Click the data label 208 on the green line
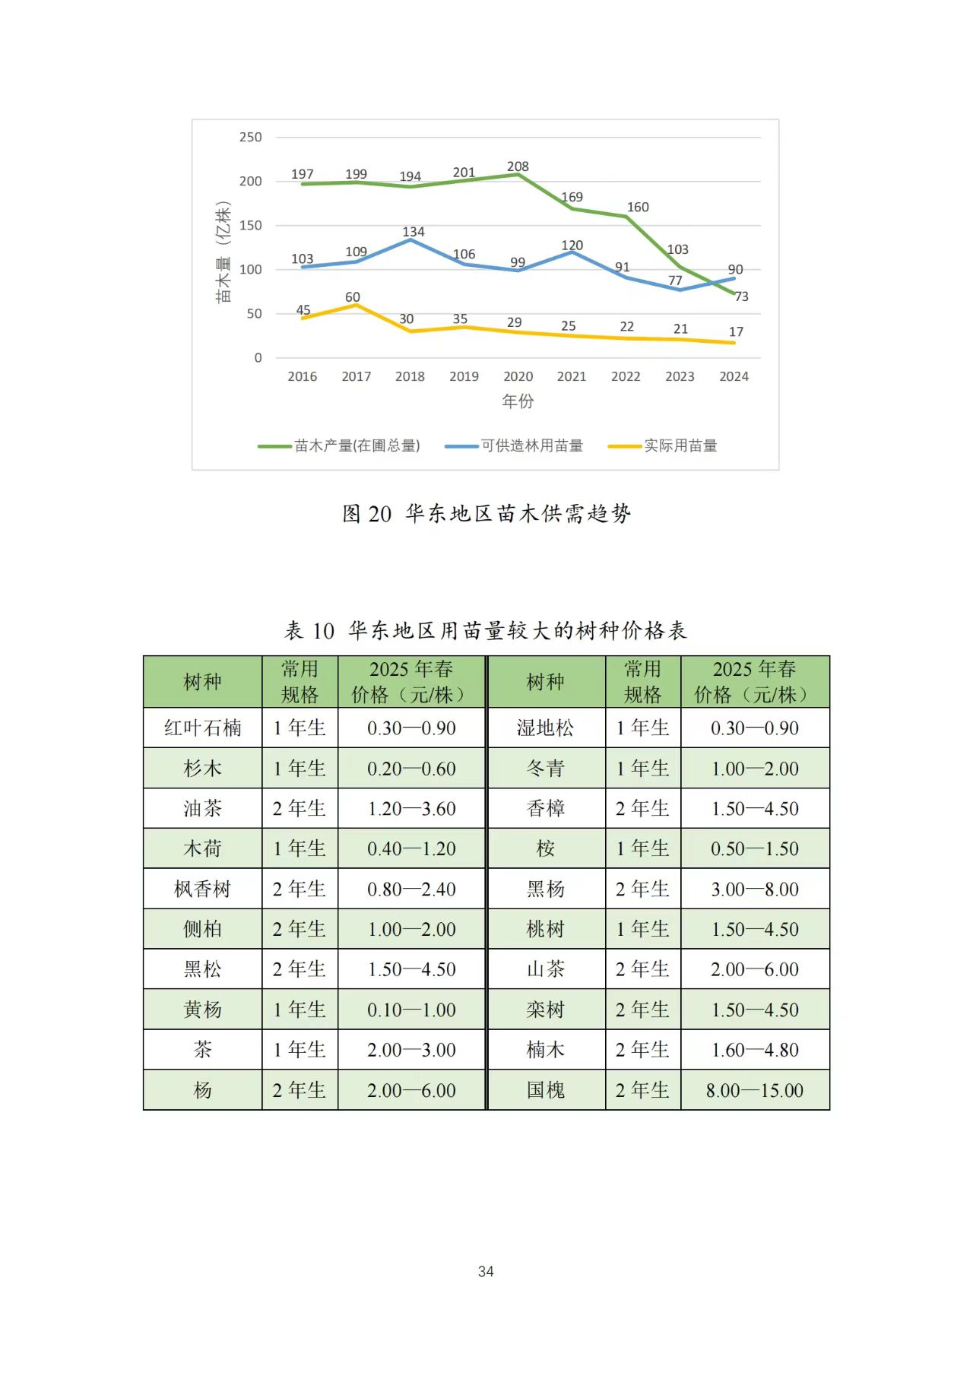pyautogui.click(x=518, y=166)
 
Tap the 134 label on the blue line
pyautogui.click(x=414, y=232)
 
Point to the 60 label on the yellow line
pyautogui.click(x=353, y=297)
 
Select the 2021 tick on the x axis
pyautogui.click(x=572, y=376)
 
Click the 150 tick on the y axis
pyautogui.click(x=250, y=226)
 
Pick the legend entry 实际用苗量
pyautogui.click(x=680, y=446)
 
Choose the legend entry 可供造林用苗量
pyautogui.click(x=532, y=446)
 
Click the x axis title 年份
pyautogui.click(x=518, y=401)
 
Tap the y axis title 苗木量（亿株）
pyautogui.click(x=223, y=252)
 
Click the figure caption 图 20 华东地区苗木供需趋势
pyautogui.click(x=486, y=514)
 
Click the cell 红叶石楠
pyautogui.click(x=203, y=728)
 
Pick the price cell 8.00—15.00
pyautogui.click(x=754, y=1091)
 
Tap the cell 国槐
pyautogui.click(x=546, y=1091)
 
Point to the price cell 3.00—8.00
pyautogui.click(x=754, y=889)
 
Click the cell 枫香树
pyautogui.click(x=203, y=889)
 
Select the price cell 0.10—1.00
pyautogui.click(x=411, y=1010)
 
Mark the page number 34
pyautogui.click(x=486, y=1272)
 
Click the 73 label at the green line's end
pyautogui.click(x=741, y=297)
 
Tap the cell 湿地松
pyautogui.click(x=546, y=728)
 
